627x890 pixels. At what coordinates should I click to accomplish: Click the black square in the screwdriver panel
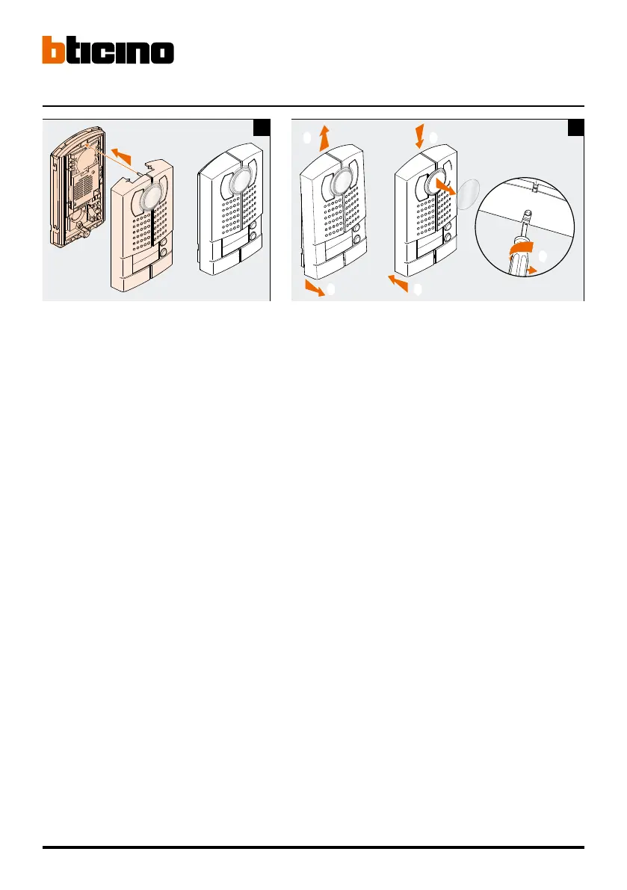[x=575, y=128]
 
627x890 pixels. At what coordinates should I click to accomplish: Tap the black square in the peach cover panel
[x=262, y=128]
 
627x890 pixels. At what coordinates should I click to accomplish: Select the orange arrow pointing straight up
[x=324, y=138]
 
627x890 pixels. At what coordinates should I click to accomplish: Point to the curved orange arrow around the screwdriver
[x=521, y=251]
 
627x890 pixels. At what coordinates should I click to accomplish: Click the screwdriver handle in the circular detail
[x=516, y=265]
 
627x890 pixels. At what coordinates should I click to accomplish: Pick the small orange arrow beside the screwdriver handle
[x=534, y=270]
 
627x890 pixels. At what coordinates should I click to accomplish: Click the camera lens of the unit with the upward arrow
[x=340, y=182]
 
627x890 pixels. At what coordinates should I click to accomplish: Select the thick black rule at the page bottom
[x=313, y=847]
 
